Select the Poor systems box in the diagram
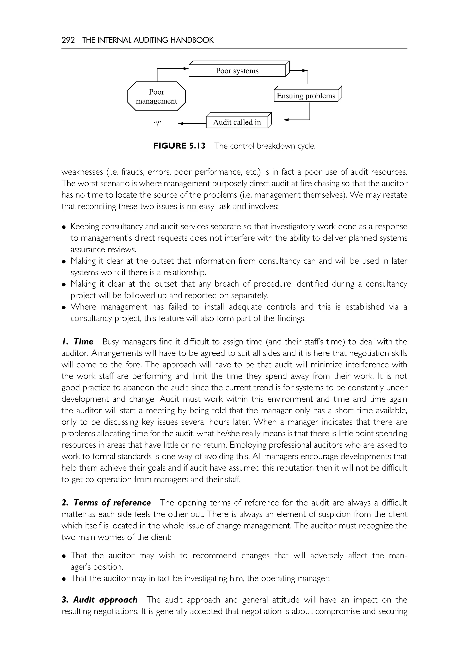click(237, 71)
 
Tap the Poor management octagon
click(156, 96)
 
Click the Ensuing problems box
click(306, 96)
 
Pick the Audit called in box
click(237, 122)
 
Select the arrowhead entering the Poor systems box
click(186, 68)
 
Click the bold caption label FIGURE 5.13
click(179, 146)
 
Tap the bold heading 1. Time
click(78, 341)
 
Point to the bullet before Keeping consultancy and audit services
click(64, 227)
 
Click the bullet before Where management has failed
click(64, 308)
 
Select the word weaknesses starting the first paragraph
click(82, 172)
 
